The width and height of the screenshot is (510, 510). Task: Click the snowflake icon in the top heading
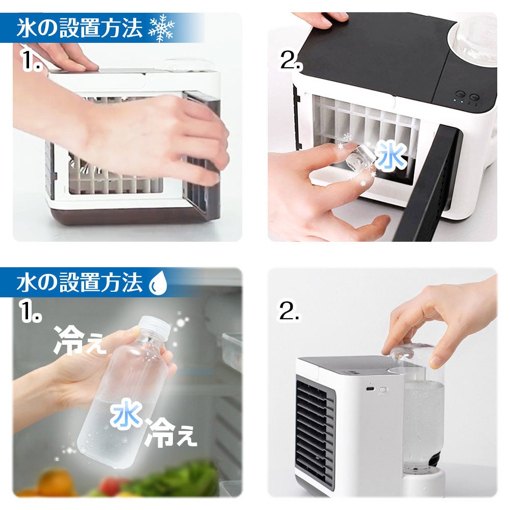[x=161, y=28]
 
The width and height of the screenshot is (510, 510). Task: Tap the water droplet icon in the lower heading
[x=158, y=283]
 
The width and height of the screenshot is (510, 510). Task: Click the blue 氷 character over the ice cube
[x=391, y=157]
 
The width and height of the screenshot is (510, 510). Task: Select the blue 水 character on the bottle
[x=126, y=414]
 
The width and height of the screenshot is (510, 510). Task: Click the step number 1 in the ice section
[x=32, y=60]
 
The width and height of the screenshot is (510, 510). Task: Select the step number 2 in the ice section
[x=291, y=60]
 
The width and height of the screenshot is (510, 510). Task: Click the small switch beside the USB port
[x=384, y=389]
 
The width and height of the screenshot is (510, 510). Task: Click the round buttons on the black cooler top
[x=467, y=96]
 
